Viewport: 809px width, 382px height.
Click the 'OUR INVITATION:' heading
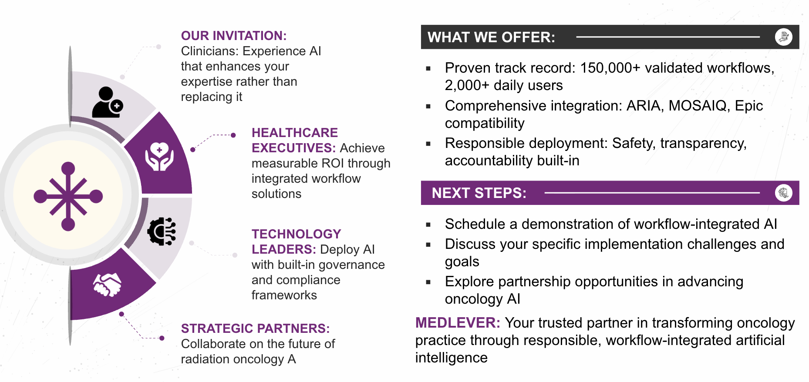[x=234, y=36]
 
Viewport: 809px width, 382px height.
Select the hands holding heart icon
[x=159, y=156]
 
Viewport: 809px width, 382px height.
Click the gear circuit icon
[x=162, y=231]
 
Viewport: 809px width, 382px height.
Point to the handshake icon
[x=107, y=285]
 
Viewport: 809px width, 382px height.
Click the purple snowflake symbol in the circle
[x=68, y=196]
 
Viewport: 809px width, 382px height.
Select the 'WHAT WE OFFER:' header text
[x=492, y=37]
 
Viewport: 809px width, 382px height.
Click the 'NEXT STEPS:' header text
[x=479, y=193]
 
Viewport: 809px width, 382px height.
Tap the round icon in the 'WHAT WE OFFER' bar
[x=784, y=37]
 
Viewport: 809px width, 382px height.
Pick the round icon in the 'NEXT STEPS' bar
[x=784, y=193]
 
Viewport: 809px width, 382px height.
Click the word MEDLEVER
[x=458, y=323]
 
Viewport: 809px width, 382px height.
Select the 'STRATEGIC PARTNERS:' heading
[x=256, y=328]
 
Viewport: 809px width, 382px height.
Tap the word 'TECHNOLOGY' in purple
[x=297, y=234]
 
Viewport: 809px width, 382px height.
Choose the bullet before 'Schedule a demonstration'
[x=428, y=225]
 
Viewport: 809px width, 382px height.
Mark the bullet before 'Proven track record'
[x=428, y=68]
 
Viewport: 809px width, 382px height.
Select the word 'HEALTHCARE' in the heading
[x=295, y=133]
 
